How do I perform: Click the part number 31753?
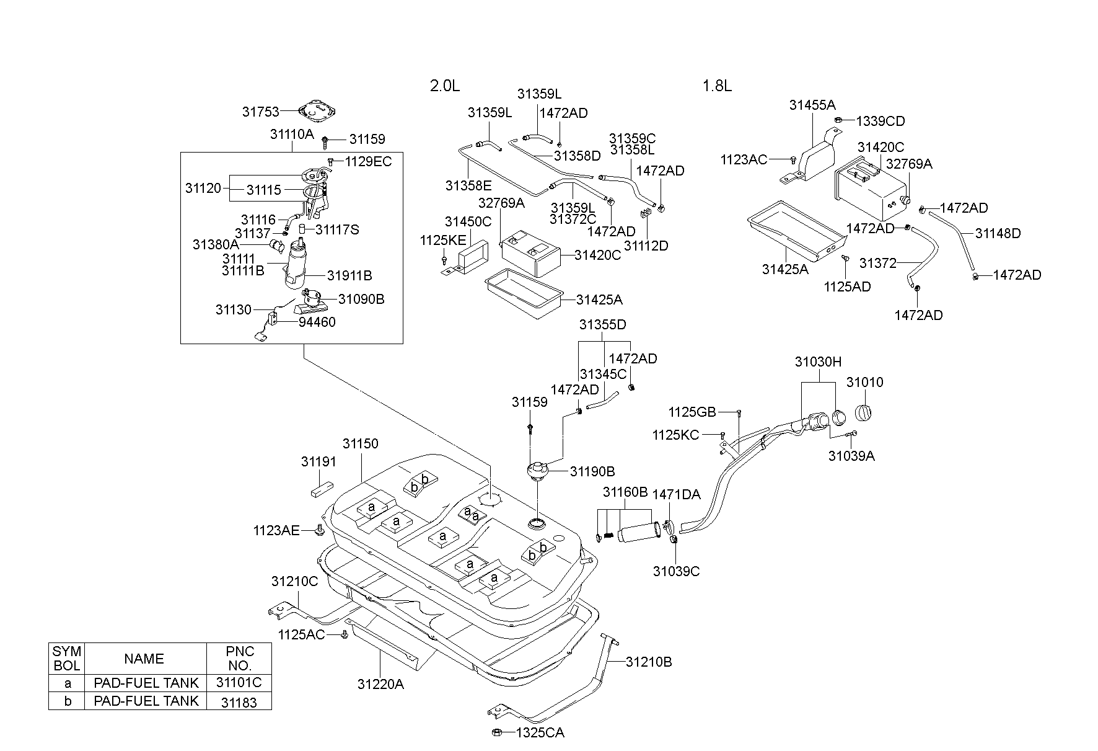(x=260, y=112)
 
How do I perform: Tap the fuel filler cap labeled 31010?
(x=865, y=412)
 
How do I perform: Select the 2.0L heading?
(x=445, y=86)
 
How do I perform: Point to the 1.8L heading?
(x=717, y=86)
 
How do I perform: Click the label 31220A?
(x=380, y=684)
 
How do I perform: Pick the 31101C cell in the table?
(x=239, y=683)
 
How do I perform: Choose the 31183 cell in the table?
(x=239, y=701)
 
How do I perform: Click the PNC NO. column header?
(x=239, y=659)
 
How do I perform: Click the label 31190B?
(x=592, y=471)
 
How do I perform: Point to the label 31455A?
(x=812, y=105)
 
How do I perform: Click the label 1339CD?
(x=881, y=121)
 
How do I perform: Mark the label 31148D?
(x=998, y=233)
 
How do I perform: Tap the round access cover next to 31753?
(x=317, y=112)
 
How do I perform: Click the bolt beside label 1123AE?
(x=320, y=530)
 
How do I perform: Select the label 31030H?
(x=818, y=362)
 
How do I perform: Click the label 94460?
(x=317, y=322)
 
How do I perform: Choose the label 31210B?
(x=649, y=661)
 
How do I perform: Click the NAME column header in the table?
(x=144, y=659)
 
